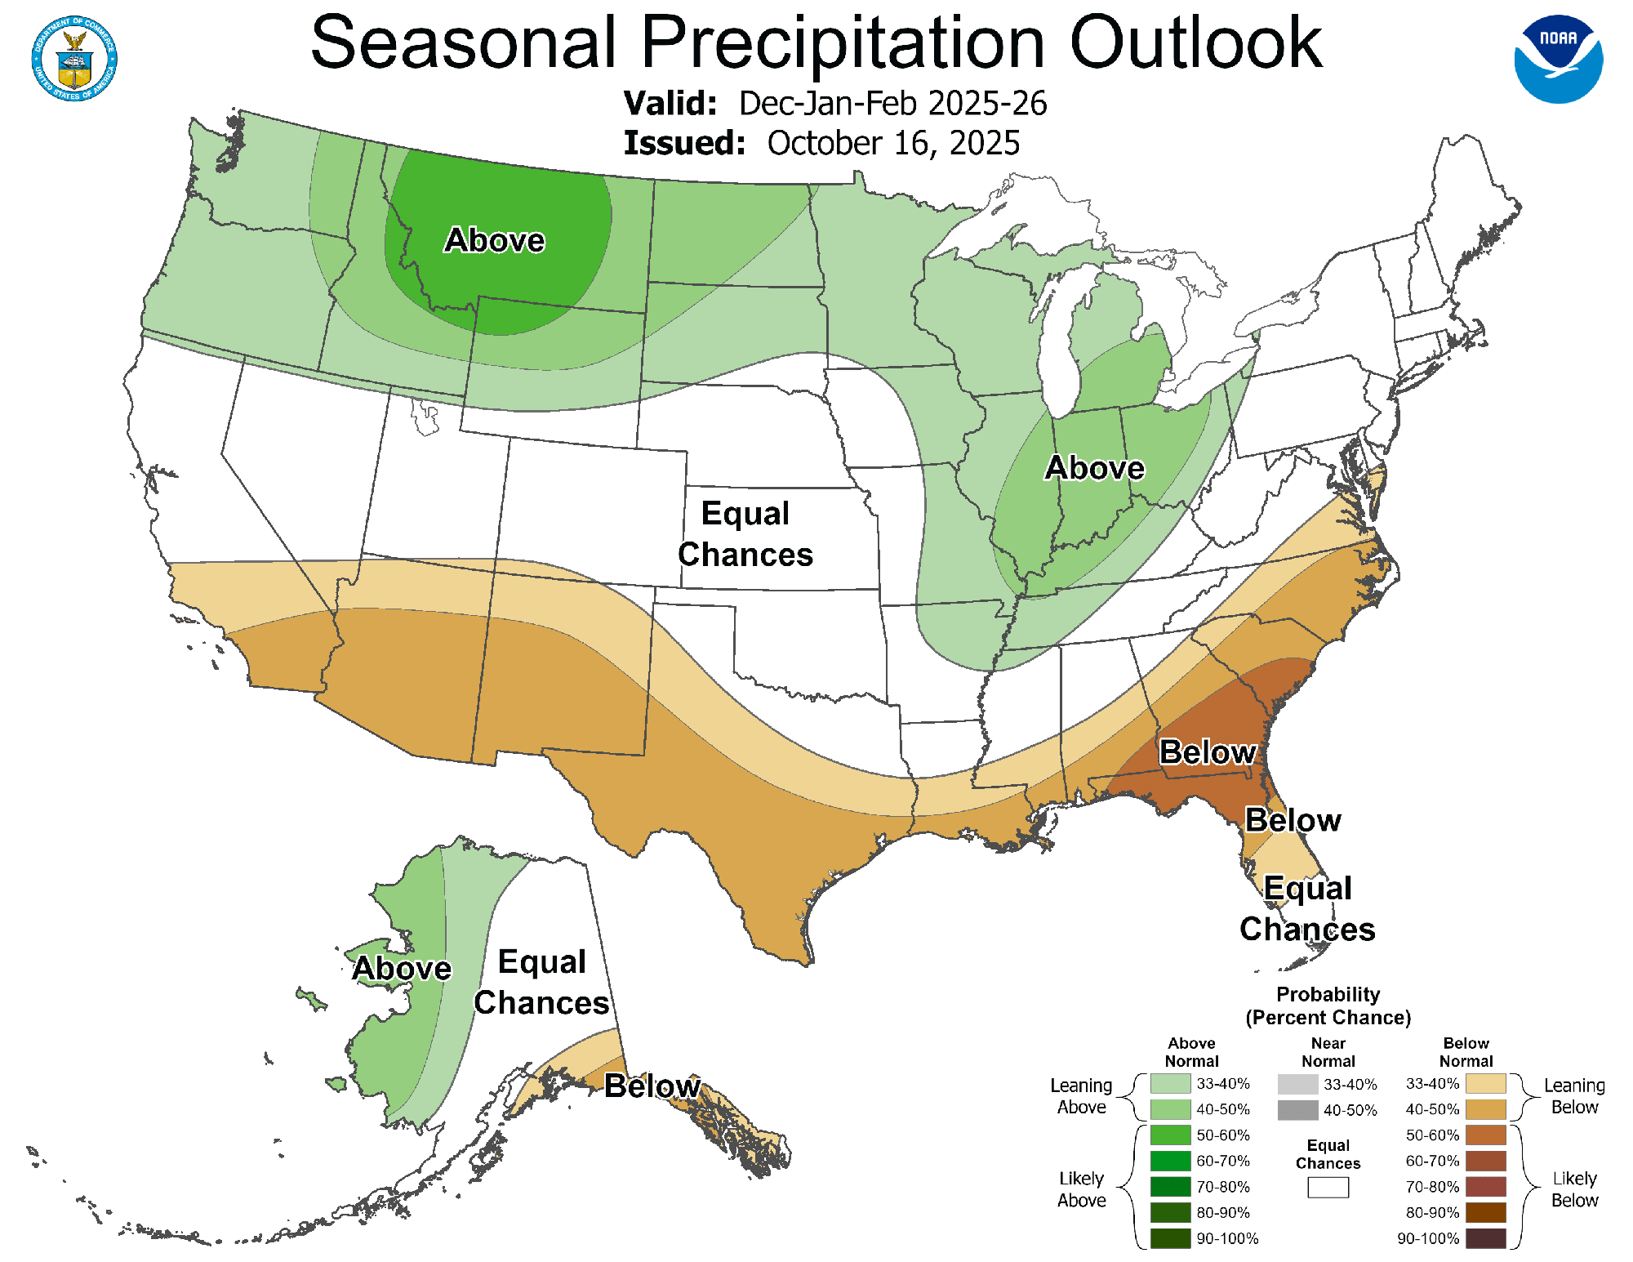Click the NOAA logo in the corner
[x=1558, y=59]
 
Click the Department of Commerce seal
[x=74, y=59]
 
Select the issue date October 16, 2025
[x=893, y=143]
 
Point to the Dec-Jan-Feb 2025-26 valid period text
[x=892, y=104]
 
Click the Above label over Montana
[x=494, y=240]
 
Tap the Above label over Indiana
[x=1094, y=468]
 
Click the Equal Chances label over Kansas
[x=745, y=534]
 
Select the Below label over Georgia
[x=1207, y=751]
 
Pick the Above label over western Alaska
[x=401, y=968]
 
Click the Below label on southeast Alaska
[x=652, y=1086]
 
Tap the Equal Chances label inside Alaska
[x=541, y=982]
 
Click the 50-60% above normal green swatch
[x=1170, y=1135]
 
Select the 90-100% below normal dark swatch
[x=1485, y=1238]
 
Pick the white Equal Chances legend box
[x=1328, y=1187]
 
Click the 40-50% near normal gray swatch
[x=1297, y=1110]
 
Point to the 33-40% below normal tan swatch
[x=1485, y=1084]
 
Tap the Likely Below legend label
[x=1573, y=1189]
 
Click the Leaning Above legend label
[x=1081, y=1096]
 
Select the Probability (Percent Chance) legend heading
[x=1328, y=1006]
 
